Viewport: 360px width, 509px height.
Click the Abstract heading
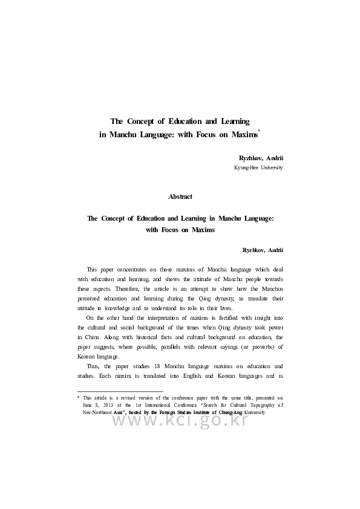(x=180, y=196)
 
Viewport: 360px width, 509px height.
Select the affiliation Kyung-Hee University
(x=258, y=167)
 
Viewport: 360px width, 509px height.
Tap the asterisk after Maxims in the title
(x=259, y=131)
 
